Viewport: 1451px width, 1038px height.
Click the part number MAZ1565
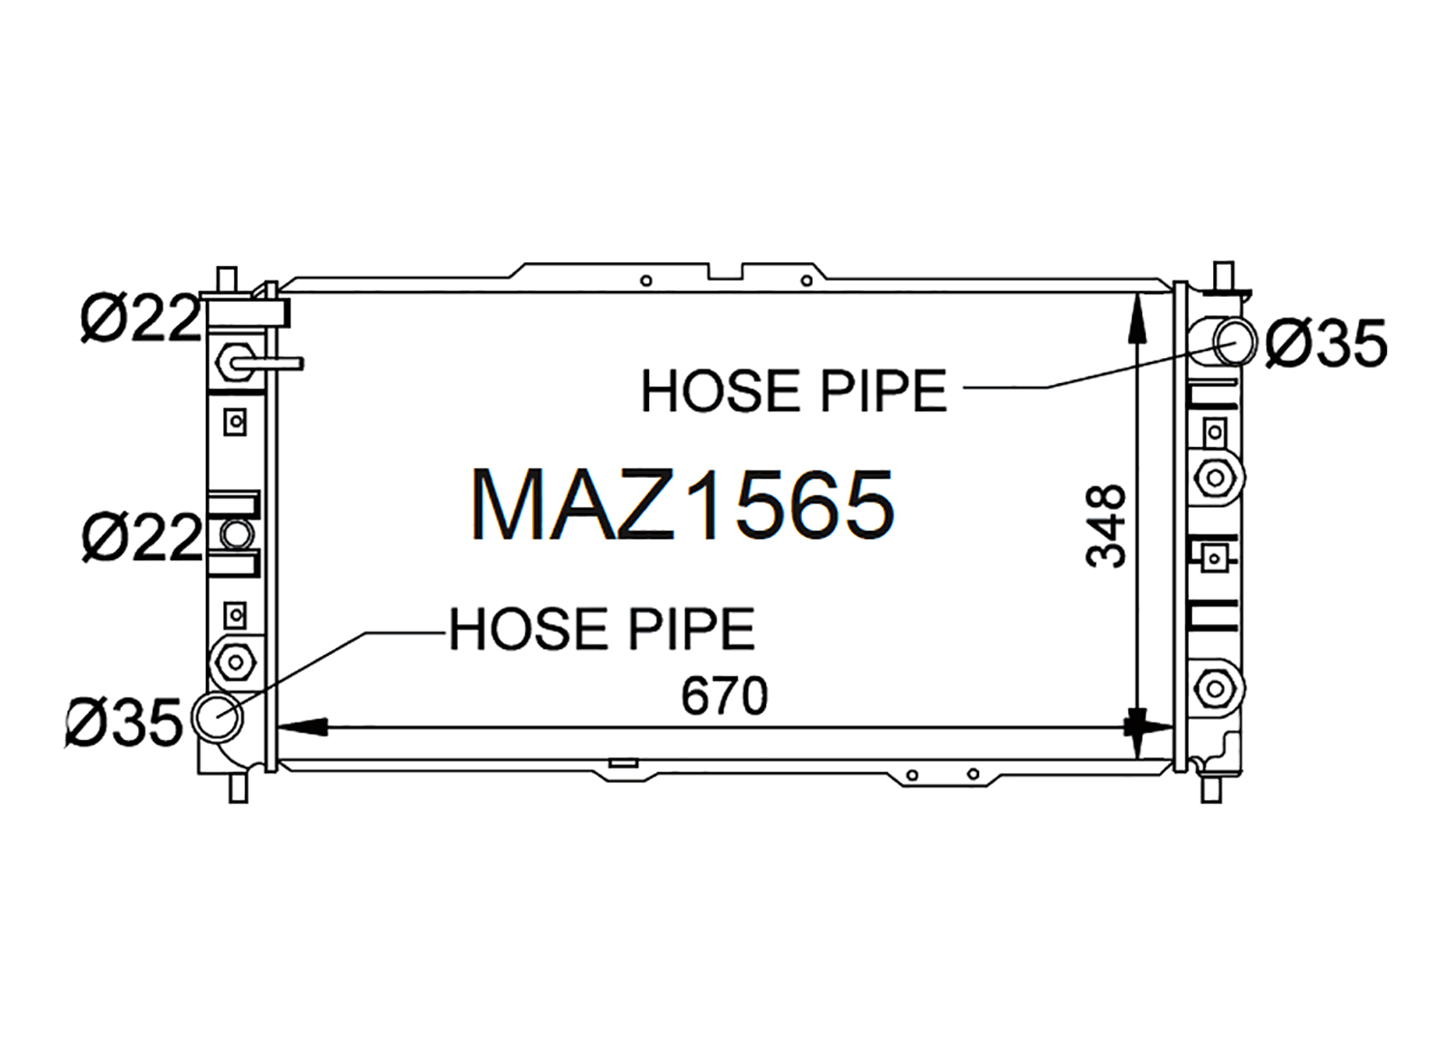tap(683, 504)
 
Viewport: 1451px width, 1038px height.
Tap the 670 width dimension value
tap(725, 696)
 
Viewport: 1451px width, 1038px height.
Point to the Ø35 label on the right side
tap(1326, 343)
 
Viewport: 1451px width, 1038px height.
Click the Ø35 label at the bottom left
tap(124, 723)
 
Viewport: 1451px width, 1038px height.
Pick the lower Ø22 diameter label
tap(142, 537)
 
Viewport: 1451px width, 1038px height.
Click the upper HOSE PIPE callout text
tap(794, 391)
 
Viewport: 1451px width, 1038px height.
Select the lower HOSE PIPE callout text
tap(602, 629)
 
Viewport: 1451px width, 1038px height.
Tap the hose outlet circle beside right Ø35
tap(1234, 342)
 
